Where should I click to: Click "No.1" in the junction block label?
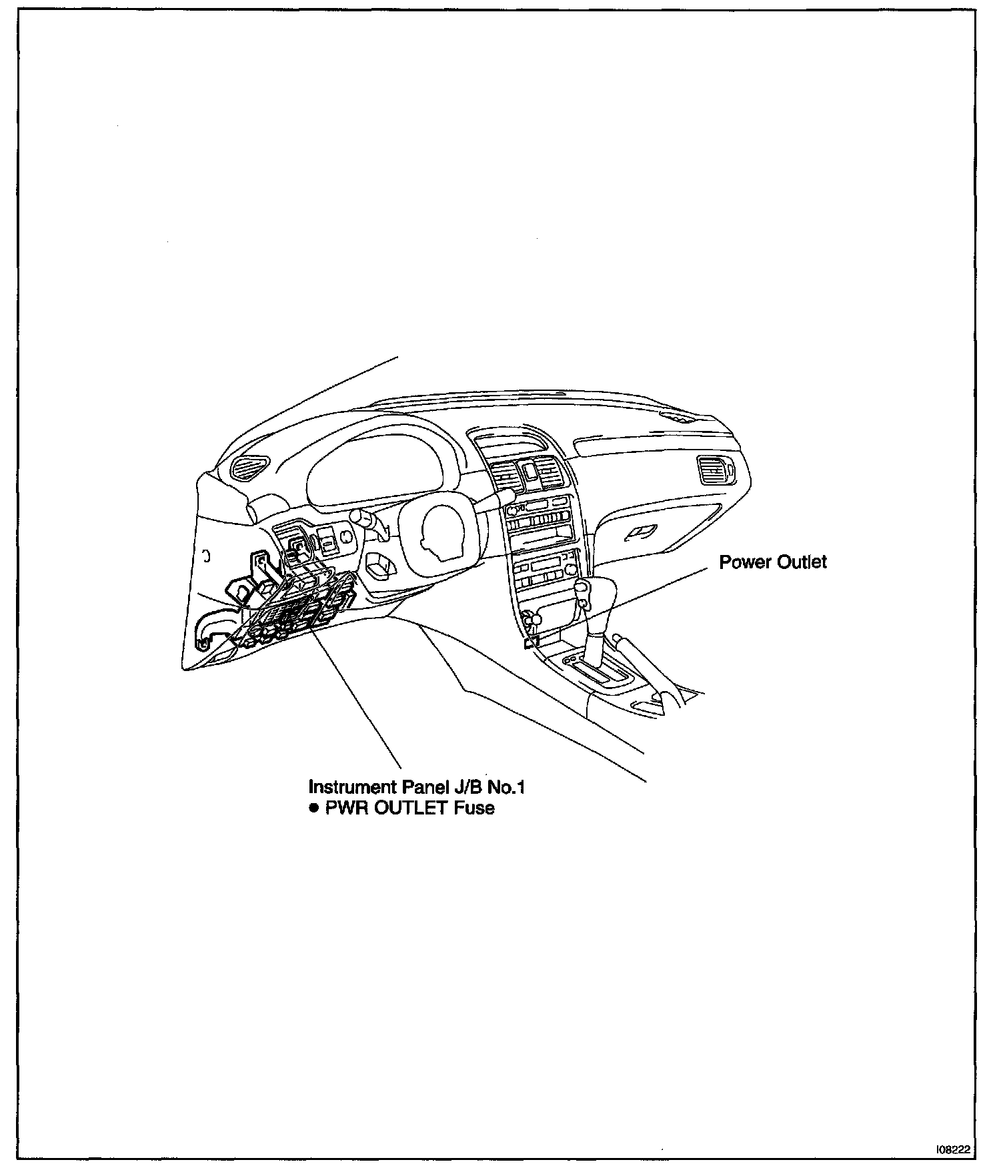pos(506,787)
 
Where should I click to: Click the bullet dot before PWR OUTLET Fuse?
pos(314,808)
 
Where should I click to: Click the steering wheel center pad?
pos(440,530)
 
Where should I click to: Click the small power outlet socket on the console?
pos(530,643)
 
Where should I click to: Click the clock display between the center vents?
pos(530,471)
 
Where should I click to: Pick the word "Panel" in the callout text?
pos(423,787)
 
